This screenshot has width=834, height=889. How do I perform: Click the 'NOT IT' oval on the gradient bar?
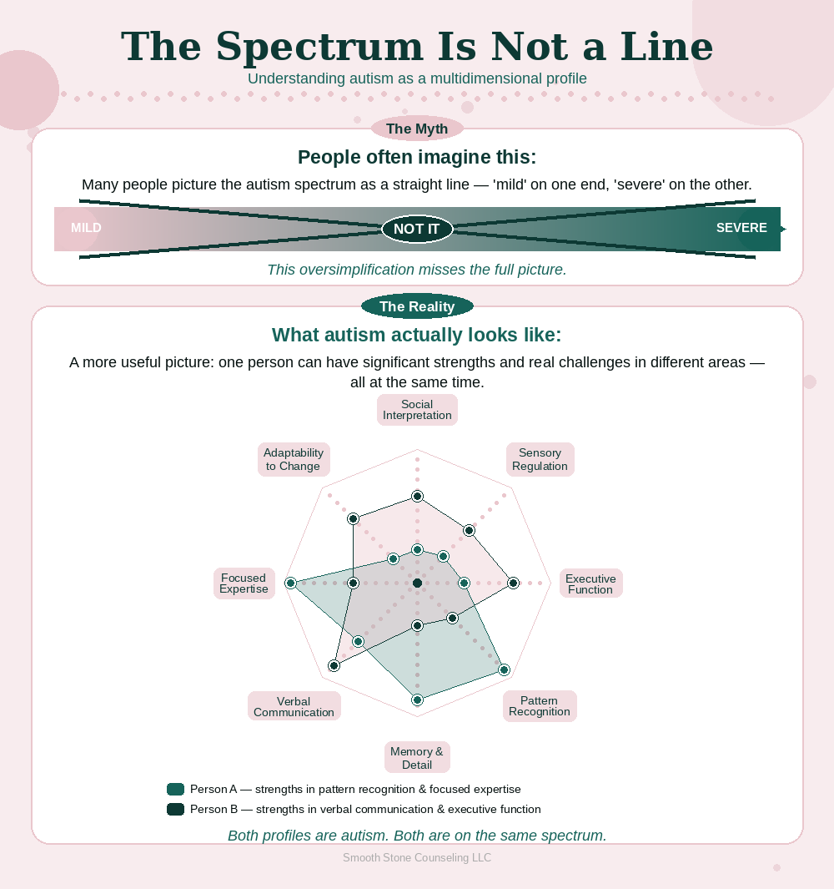pyautogui.click(x=417, y=229)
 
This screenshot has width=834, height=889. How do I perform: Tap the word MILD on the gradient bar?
pyautogui.click(x=86, y=228)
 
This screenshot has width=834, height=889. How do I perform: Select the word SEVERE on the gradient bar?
pyautogui.click(x=741, y=228)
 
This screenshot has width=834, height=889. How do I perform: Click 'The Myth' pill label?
pyautogui.click(x=417, y=129)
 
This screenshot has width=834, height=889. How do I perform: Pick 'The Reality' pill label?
pyautogui.click(x=417, y=306)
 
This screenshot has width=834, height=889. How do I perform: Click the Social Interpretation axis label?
pyautogui.click(x=417, y=410)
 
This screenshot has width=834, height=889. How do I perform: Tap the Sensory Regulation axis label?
pyautogui.click(x=540, y=459)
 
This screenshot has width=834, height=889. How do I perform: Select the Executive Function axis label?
pyautogui.click(x=590, y=583)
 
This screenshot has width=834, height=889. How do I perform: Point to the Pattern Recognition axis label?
pyautogui.click(x=540, y=706)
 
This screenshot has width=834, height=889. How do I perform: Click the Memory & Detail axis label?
pyautogui.click(x=417, y=757)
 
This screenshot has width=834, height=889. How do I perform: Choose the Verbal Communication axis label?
pyautogui.click(x=294, y=706)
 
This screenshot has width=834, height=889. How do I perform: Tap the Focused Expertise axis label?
pyautogui.click(x=244, y=583)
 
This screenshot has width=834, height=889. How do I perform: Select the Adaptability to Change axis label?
pyautogui.click(x=294, y=459)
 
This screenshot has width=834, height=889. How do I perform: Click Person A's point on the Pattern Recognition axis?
pyautogui.click(x=504, y=669)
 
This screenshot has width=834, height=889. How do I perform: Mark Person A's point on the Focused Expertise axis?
pyautogui.click(x=290, y=583)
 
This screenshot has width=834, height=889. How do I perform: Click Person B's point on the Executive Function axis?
pyautogui.click(x=513, y=583)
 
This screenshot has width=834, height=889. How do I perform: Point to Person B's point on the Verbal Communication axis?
pyautogui.click(x=334, y=665)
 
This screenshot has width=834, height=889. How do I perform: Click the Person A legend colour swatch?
pyautogui.click(x=175, y=789)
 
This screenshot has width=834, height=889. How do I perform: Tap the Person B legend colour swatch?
pyautogui.click(x=175, y=809)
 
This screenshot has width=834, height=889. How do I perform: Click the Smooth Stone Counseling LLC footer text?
pyautogui.click(x=417, y=857)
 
